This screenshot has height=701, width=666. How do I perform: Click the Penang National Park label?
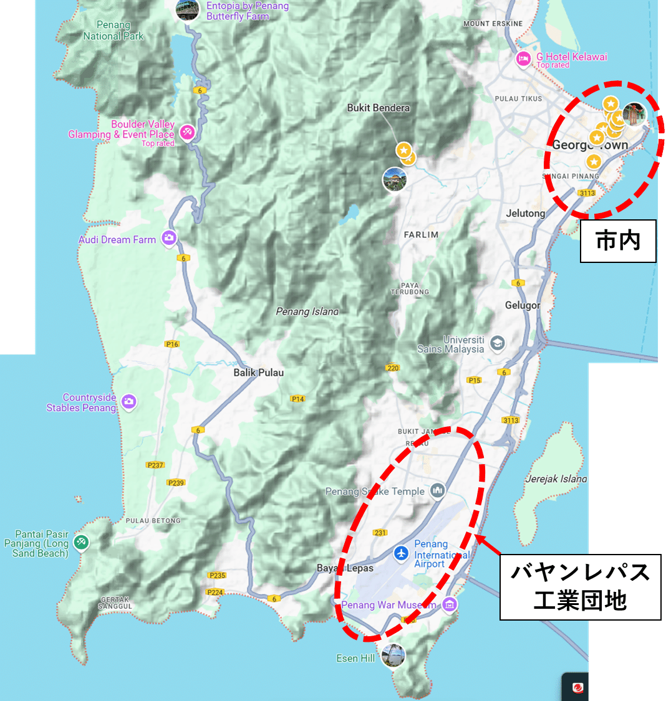coord(113,31)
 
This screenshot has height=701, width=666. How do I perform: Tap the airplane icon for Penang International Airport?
coord(401,553)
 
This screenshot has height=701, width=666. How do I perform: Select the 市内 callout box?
coord(618,241)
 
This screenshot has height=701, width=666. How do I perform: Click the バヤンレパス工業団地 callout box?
coord(580,587)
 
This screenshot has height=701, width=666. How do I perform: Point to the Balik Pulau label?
coord(258,373)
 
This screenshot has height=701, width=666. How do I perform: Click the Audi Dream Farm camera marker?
coord(168,238)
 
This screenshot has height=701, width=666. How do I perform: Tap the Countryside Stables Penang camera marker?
coord(129,402)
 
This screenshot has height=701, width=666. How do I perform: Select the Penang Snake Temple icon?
coord(438,491)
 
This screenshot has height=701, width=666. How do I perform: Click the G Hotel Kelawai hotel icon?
coord(523,59)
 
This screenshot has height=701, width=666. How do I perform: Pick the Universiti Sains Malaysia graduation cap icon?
coord(497,343)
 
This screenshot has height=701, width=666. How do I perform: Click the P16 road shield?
coord(172,344)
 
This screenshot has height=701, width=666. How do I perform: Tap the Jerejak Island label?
coord(556,479)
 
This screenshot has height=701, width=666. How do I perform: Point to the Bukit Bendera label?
coord(379,108)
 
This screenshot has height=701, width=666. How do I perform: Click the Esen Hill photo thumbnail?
coord(393,656)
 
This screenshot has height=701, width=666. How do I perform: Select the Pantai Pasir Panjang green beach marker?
coord(80,542)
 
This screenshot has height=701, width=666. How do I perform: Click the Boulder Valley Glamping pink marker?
coord(186,132)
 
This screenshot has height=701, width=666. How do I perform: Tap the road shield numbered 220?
coord(392,368)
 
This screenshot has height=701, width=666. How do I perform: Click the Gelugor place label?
coord(523,305)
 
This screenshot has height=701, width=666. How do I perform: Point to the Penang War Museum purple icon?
coord(450,604)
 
